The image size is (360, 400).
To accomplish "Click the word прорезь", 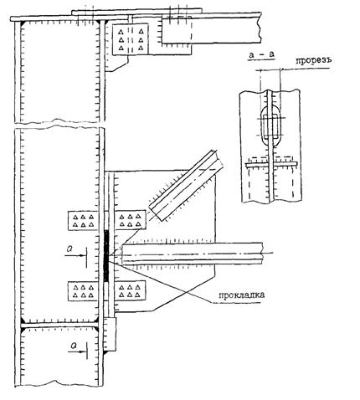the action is [314, 60].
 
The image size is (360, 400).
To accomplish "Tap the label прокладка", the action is [241, 295].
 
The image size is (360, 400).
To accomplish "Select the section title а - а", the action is [261, 54].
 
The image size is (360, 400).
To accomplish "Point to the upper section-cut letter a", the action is [69, 249].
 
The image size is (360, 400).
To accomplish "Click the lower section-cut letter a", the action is [74, 346].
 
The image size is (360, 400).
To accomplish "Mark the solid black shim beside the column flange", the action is [106, 255].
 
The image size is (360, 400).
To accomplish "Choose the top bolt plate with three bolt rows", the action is [131, 39].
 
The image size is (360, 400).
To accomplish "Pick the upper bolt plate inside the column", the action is [83, 220].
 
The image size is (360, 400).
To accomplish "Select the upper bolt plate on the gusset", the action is [131, 220].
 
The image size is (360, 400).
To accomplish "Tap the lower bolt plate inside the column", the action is [83, 291].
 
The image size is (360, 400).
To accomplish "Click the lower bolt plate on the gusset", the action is [131, 290].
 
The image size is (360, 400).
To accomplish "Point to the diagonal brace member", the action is [186, 186].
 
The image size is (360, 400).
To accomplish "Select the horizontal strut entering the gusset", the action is [193, 254].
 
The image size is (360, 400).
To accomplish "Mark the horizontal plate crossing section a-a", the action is [271, 165].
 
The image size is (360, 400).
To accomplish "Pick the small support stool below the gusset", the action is [111, 334].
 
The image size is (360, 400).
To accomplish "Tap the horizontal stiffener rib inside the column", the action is [59, 325].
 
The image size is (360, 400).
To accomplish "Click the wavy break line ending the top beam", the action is [260, 28].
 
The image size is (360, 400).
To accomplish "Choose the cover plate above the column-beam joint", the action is [136, 12].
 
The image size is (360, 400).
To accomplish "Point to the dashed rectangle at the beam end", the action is [177, 30].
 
